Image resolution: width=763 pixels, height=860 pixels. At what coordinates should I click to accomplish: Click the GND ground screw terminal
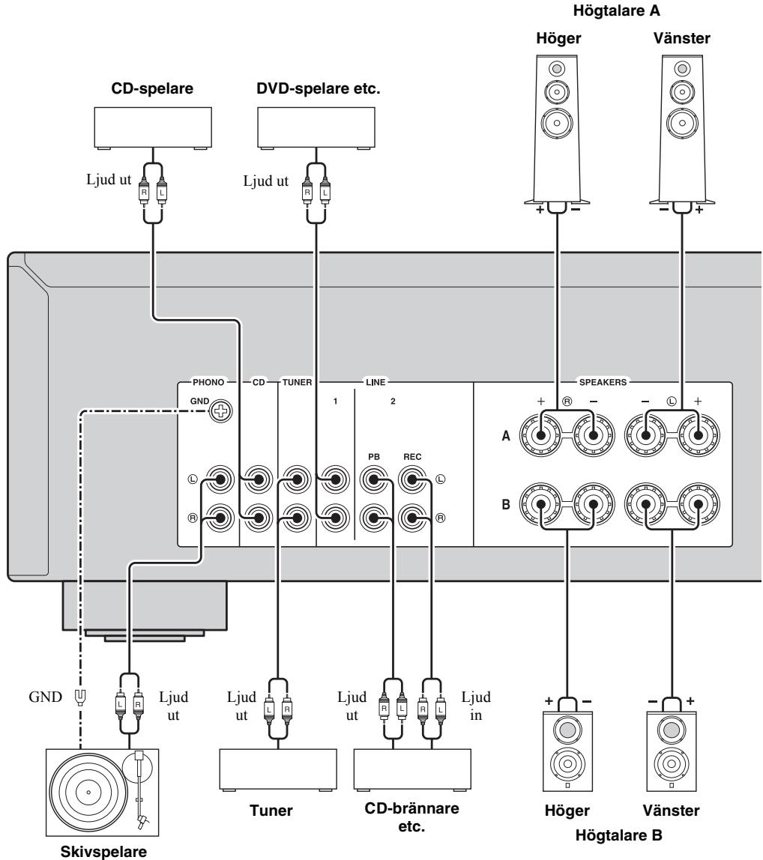click(220, 411)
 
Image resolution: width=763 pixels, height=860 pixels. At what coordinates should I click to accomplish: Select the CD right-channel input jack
click(258, 517)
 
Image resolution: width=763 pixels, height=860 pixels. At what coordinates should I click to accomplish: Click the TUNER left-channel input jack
click(296, 479)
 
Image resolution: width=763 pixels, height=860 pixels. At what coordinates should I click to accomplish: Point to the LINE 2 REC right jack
click(413, 518)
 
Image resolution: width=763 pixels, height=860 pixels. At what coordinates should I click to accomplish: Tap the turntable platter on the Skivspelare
click(88, 792)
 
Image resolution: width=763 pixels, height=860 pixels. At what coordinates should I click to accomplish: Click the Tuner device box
click(278, 769)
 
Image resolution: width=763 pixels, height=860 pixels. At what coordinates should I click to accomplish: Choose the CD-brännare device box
click(412, 769)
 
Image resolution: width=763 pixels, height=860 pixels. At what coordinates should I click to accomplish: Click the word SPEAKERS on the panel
click(603, 382)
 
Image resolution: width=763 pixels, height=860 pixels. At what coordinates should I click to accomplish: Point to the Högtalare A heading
click(616, 10)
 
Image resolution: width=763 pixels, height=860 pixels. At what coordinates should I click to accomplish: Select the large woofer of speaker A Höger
click(557, 123)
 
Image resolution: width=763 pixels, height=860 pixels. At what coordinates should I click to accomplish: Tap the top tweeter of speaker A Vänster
click(682, 69)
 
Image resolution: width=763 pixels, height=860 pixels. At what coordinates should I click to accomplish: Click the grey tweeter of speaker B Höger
click(567, 730)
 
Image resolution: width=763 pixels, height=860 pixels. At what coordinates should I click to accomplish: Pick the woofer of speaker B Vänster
click(670, 763)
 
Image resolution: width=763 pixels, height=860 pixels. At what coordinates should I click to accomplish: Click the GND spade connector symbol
click(80, 697)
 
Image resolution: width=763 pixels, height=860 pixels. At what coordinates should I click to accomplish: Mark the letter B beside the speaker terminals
click(506, 504)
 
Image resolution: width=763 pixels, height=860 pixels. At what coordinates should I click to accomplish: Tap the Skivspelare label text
click(103, 851)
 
